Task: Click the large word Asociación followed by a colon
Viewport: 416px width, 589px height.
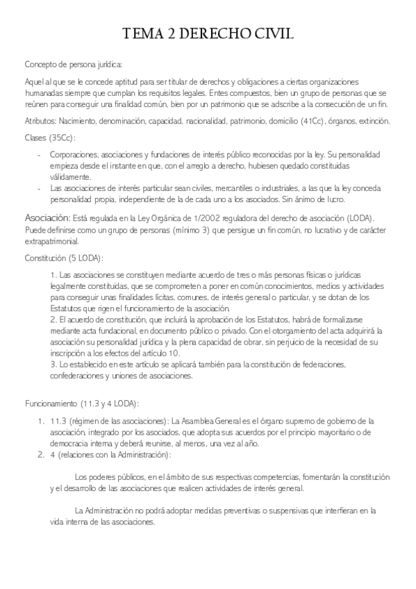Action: [47, 217]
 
